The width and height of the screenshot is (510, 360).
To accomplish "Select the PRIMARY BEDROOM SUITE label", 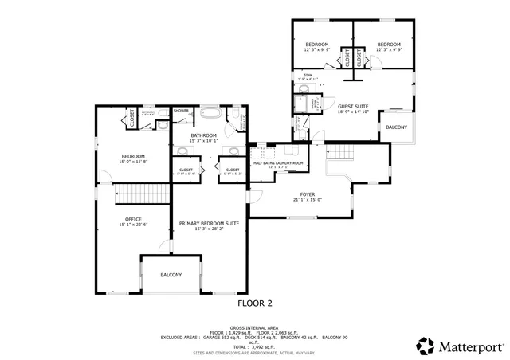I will (x=210, y=224).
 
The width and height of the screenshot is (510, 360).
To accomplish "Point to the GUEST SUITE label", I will (x=353, y=106).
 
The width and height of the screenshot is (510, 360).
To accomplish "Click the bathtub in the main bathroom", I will (x=212, y=112).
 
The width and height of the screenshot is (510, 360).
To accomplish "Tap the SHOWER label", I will (x=181, y=110).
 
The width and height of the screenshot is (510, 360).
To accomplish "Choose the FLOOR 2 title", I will (x=255, y=303).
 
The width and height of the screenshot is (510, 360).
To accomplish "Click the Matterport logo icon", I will (x=426, y=346).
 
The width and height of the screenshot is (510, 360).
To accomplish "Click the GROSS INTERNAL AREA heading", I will (x=254, y=327).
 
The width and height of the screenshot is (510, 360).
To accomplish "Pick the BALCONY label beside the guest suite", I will (x=396, y=127).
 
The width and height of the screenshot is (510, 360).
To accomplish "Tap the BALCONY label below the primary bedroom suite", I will (x=171, y=275).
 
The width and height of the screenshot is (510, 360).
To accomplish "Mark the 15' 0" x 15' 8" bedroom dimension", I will (x=133, y=162).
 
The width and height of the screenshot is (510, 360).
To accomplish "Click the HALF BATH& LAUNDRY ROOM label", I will (x=278, y=163).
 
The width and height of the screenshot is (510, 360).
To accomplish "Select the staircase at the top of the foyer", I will (x=342, y=152).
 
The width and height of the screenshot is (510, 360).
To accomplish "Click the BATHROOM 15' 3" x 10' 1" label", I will (x=203, y=139).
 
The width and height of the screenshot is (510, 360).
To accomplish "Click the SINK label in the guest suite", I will (x=307, y=76).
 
